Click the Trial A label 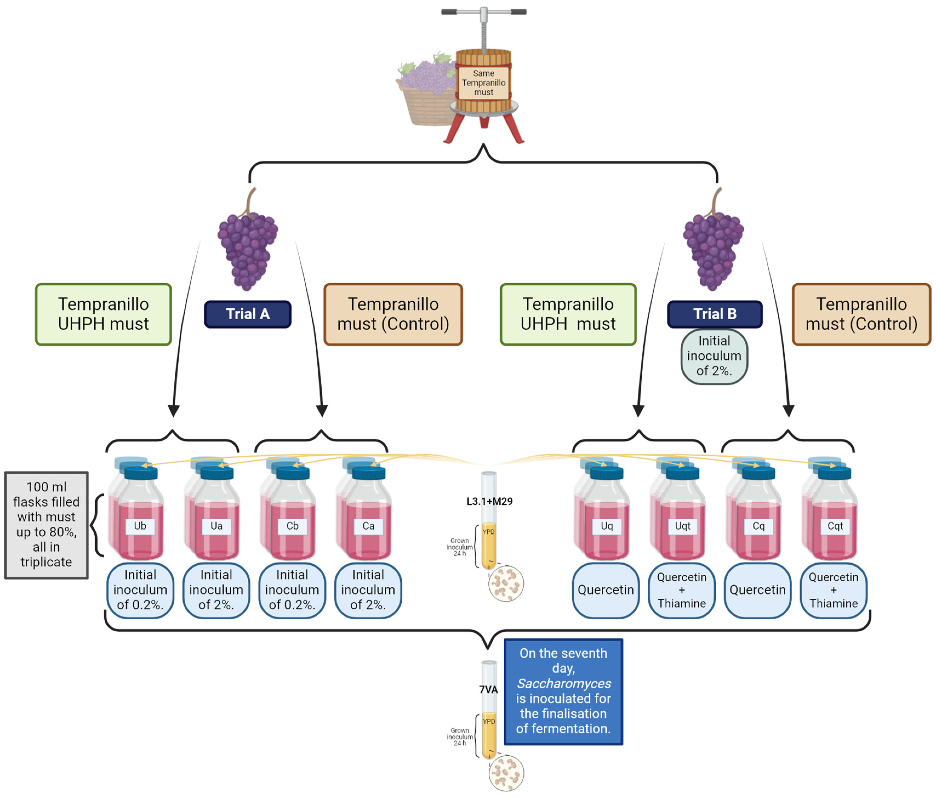tap(247, 314)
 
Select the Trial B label tap(715, 314)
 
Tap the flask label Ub tap(140, 526)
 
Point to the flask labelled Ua tap(216, 526)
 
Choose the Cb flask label tap(292, 526)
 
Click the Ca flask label tap(368, 526)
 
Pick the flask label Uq tap(607, 526)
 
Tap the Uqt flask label tap(683, 526)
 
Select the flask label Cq tap(758, 526)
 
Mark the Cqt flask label tap(835, 526)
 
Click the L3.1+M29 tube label tap(489, 502)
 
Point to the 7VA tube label tap(488, 689)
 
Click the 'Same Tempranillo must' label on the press tap(483, 83)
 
